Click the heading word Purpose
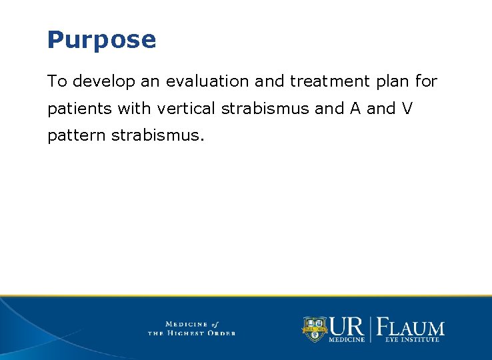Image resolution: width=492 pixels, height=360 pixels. tap(101, 40)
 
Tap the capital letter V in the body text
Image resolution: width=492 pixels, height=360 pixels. tap(407, 109)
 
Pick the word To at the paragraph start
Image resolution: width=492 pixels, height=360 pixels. tap(57, 82)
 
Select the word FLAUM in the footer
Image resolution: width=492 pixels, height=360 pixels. tap(411, 327)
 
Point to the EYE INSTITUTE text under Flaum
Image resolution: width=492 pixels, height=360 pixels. tap(412, 340)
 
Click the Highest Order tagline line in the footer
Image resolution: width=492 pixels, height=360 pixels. tap(191, 333)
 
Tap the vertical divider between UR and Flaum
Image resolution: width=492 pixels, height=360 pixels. tap(372, 329)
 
